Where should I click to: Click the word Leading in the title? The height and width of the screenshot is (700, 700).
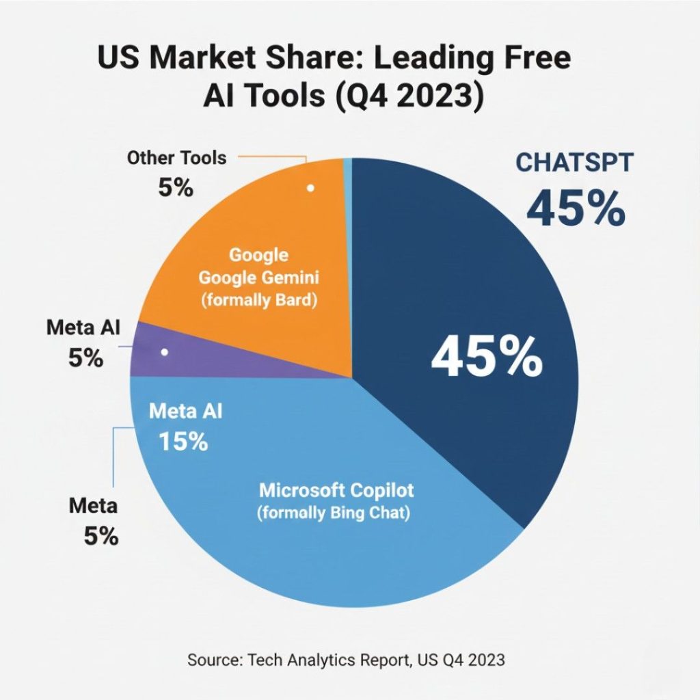tap(426, 58)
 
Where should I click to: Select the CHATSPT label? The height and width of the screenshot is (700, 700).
tap(574, 163)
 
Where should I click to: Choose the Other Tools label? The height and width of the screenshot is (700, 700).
tap(176, 158)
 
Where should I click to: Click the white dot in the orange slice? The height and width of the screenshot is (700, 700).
tap(310, 187)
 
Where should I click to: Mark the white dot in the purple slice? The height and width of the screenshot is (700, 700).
tap(164, 352)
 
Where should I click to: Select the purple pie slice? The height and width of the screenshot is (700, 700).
tap(205, 355)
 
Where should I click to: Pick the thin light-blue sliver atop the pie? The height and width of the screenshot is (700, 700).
tap(347, 162)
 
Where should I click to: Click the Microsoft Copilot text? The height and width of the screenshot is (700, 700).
tap(336, 490)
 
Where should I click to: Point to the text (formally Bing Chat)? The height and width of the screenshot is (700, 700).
tap(334, 512)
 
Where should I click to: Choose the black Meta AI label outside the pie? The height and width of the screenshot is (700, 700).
tap(83, 327)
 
